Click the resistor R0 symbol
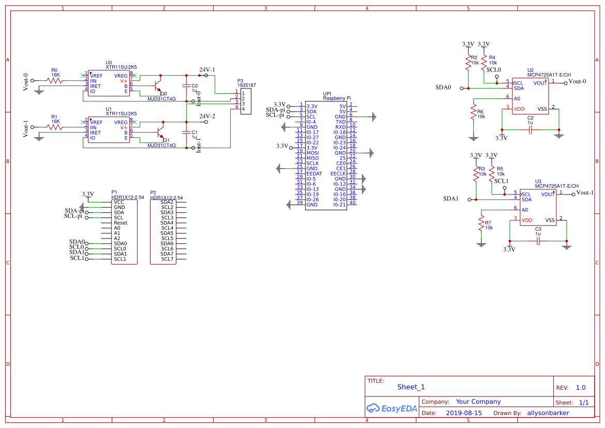[54, 81]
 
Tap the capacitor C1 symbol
[186, 132]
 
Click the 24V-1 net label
[207, 69]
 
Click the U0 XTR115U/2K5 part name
[121, 67]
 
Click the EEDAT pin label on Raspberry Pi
[314, 173]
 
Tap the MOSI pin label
[313, 153]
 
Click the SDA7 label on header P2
[167, 254]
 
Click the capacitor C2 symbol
[530, 130]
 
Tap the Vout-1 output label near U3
[585, 193]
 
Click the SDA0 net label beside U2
[443, 87]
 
